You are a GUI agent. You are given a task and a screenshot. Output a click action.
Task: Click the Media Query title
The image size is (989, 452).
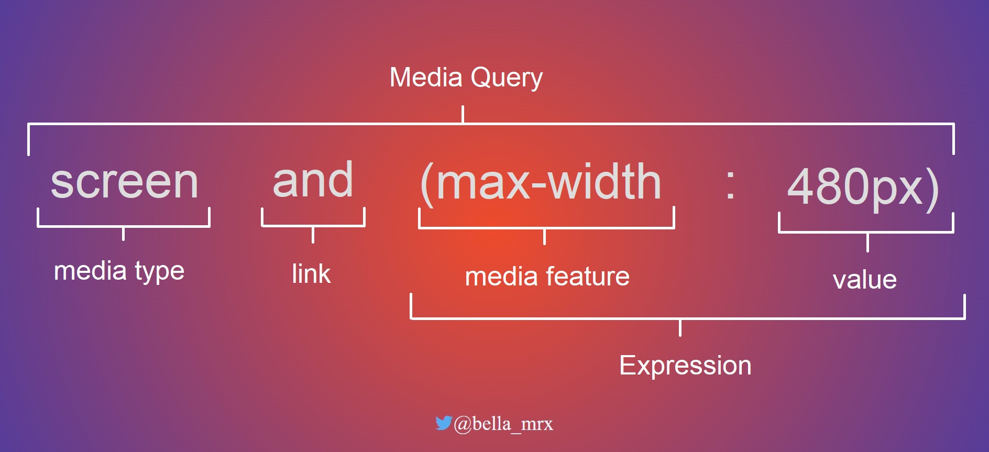466,78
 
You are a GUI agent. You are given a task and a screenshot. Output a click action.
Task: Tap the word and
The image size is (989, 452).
313,180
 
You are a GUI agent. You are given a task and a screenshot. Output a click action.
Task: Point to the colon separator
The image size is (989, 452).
730,185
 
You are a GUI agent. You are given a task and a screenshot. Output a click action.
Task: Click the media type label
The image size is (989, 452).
119,271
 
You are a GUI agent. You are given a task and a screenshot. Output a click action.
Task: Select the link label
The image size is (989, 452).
311,274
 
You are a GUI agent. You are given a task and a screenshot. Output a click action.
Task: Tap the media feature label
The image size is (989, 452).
547,277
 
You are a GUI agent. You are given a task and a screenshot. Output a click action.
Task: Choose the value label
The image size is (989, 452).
864,280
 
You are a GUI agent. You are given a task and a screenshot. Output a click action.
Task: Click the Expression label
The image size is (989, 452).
685,366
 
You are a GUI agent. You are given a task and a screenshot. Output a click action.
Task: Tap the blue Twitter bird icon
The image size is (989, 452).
443,423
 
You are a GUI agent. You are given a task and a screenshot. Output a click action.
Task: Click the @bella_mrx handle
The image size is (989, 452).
503,424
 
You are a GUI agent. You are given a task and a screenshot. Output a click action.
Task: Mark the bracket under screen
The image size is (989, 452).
124,226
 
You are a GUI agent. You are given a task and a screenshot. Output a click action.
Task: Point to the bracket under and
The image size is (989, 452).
313,226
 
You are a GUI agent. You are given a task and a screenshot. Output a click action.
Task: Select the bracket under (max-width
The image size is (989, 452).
546,228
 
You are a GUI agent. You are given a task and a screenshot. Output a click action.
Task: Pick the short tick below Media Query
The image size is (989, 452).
463,114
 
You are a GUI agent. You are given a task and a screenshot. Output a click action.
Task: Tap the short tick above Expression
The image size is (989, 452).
680,327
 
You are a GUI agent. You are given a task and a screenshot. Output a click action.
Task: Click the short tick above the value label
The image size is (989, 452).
867,242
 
